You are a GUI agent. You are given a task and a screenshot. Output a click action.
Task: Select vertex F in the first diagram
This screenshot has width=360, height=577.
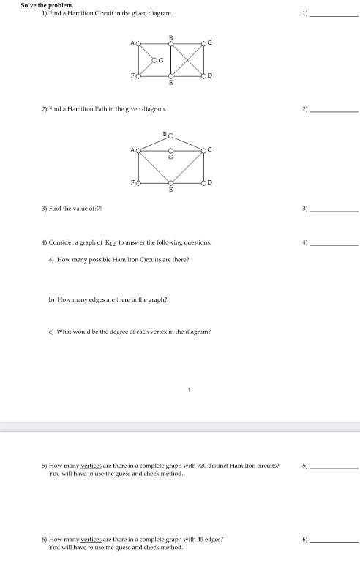click(137, 75)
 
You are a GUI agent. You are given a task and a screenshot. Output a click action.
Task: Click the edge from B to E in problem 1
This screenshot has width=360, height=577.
click(171, 59)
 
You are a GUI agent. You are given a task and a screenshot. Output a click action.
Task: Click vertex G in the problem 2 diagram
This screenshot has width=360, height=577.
click(170, 149)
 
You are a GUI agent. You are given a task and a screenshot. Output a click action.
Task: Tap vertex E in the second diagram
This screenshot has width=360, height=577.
click(170, 183)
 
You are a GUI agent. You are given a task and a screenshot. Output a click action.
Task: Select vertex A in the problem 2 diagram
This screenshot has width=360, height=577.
click(137, 149)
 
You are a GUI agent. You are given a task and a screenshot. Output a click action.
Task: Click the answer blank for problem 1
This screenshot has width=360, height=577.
click(334, 15)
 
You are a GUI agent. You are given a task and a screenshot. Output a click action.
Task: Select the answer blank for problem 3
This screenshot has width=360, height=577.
click(334, 209)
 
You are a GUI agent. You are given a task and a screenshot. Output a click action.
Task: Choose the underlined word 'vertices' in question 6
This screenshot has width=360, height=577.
click(91, 539)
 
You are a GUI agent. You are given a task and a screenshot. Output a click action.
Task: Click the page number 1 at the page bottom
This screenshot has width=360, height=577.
click(189, 390)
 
